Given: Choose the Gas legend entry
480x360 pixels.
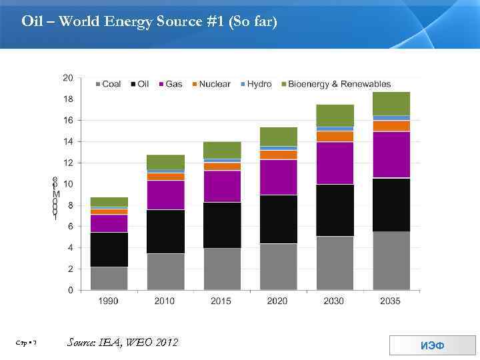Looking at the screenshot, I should click(x=169, y=84).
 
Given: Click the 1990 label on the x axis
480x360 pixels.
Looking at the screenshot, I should click(x=109, y=301).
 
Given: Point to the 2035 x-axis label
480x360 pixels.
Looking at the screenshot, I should click(x=391, y=301).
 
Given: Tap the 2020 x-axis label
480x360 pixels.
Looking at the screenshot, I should click(x=278, y=301).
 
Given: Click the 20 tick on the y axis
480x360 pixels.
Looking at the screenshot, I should click(x=68, y=77).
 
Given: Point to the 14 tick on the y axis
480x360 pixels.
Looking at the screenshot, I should click(x=68, y=141).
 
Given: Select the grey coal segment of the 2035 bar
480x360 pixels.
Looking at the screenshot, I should click(x=391, y=261).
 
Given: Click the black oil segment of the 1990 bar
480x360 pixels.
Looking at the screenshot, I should click(x=109, y=249).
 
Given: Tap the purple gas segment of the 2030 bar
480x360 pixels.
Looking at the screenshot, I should click(x=335, y=163).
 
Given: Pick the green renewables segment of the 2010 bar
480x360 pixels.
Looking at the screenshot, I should click(x=165, y=161).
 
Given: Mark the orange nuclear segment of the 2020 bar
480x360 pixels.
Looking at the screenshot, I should click(x=278, y=155).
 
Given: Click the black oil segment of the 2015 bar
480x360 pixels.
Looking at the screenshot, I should click(x=221, y=225).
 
